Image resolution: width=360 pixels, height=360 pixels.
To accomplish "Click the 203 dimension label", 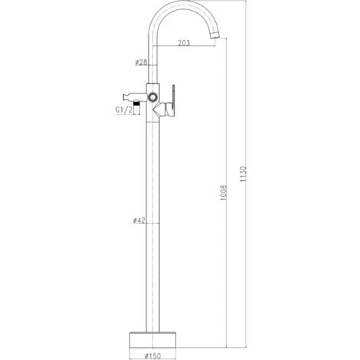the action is [184, 43].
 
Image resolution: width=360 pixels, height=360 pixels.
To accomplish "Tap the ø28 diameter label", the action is [141, 62].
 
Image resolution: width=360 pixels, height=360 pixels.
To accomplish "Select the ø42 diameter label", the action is [139, 220].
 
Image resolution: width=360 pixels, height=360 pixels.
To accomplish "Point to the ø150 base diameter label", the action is [153, 355].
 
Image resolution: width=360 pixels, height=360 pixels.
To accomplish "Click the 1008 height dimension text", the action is [224, 192].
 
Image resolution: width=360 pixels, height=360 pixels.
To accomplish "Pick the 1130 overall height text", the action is [244, 174].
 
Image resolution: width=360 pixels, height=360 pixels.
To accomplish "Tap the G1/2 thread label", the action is [124, 110].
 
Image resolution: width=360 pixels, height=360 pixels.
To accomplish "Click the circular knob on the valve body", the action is [153, 97].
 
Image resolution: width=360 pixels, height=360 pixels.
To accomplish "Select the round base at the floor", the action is [153, 339].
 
